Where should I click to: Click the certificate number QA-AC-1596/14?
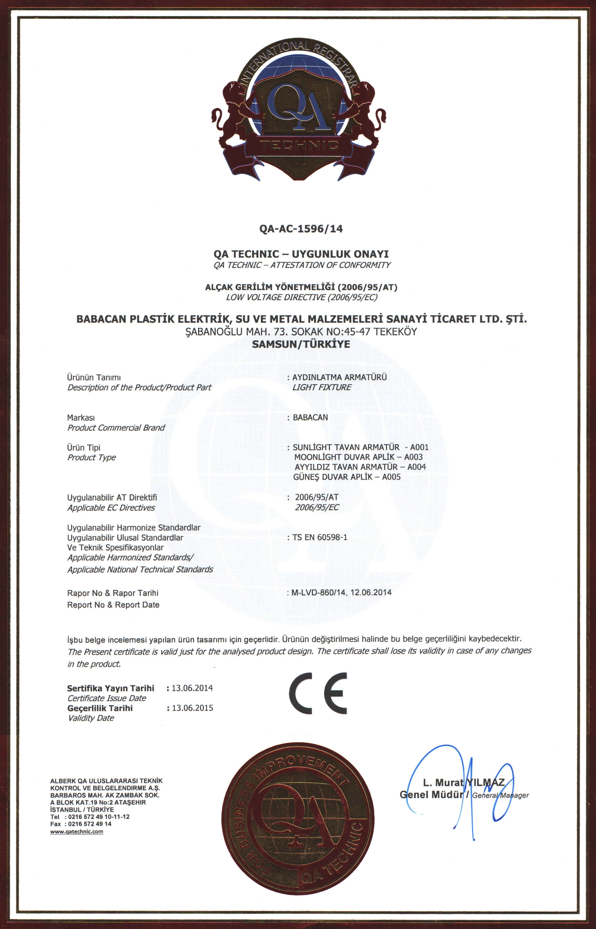pyautogui.click(x=301, y=229)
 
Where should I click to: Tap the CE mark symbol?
pyautogui.click(x=318, y=693)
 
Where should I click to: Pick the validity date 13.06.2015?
pyautogui.click(x=192, y=708)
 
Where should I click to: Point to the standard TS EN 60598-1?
pyautogui.click(x=320, y=537)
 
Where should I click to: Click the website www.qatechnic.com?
pyautogui.click(x=77, y=832)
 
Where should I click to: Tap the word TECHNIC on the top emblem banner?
pyautogui.click(x=299, y=145)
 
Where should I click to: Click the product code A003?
pyautogui.click(x=413, y=457)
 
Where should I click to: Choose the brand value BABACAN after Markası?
pyautogui.click(x=310, y=417)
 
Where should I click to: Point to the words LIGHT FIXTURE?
pyautogui.click(x=322, y=387)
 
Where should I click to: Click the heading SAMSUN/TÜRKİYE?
pyautogui.click(x=301, y=344)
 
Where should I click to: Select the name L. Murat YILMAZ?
pyautogui.click(x=464, y=782)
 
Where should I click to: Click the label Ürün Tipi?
pyautogui.click(x=84, y=448)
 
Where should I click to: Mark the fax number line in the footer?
pyautogui.click(x=81, y=824)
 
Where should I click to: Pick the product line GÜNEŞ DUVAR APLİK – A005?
pyautogui.click(x=347, y=477)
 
